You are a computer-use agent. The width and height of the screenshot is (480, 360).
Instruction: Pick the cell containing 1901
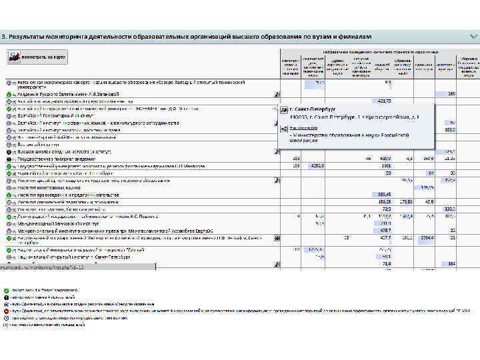(385, 166)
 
